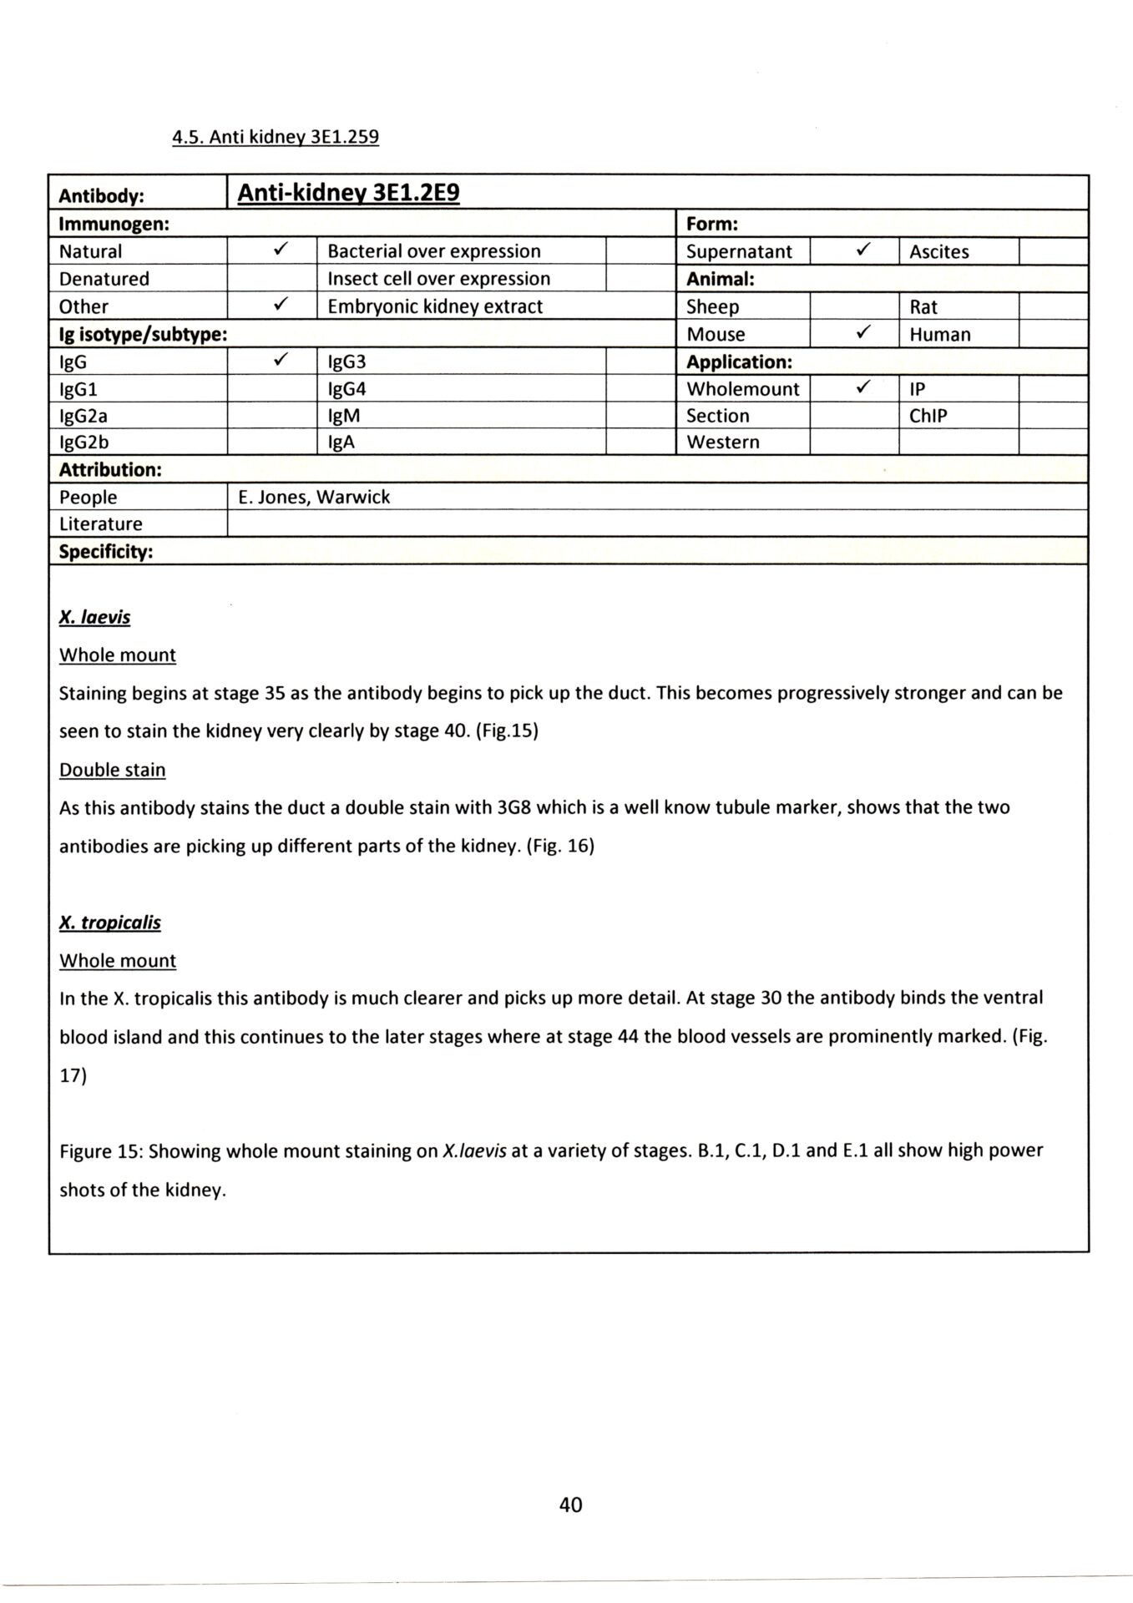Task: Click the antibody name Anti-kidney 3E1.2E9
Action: [348, 194]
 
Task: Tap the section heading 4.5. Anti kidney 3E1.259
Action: [276, 137]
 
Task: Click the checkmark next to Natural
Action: [281, 250]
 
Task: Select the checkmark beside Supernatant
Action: [863, 250]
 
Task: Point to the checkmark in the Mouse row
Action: [863, 333]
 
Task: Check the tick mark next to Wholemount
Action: [863, 387]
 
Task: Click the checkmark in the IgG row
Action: [281, 361]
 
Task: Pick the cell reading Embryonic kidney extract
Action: [435, 306]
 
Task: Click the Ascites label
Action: [939, 251]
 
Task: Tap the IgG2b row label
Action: [83, 442]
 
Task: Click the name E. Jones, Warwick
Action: [314, 497]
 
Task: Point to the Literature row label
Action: [101, 524]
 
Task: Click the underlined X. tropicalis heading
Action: [110, 923]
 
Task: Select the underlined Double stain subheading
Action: [113, 770]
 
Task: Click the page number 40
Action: [571, 1504]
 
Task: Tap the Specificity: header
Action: [106, 552]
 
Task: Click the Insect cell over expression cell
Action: [439, 279]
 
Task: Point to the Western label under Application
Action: [723, 442]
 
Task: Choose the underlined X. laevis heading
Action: [94, 618]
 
